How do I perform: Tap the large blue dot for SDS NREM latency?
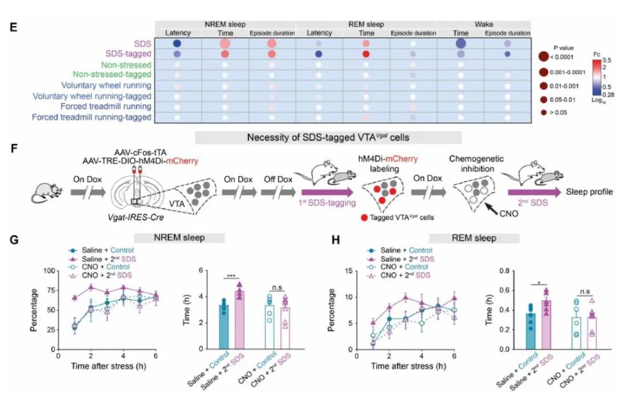[x=177, y=44]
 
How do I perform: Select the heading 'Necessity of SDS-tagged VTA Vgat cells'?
[x=328, y=137]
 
